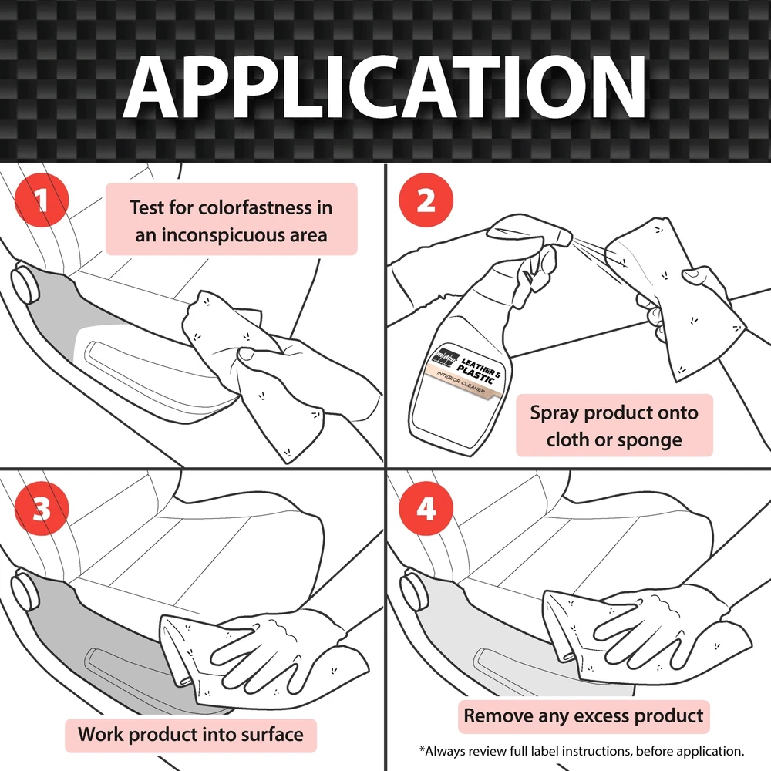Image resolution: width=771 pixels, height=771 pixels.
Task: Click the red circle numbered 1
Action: coord(42,200)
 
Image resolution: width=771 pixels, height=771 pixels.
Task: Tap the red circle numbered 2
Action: coord(426,200)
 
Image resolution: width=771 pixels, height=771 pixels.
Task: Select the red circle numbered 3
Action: coord(42,508)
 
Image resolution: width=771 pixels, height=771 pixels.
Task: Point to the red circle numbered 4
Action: coord(426,508)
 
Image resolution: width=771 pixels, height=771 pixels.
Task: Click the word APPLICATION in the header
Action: coord(385,87)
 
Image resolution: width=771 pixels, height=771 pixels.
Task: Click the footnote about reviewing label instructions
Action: coord(581,751)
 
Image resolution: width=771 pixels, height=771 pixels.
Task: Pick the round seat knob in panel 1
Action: coord(25,284)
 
